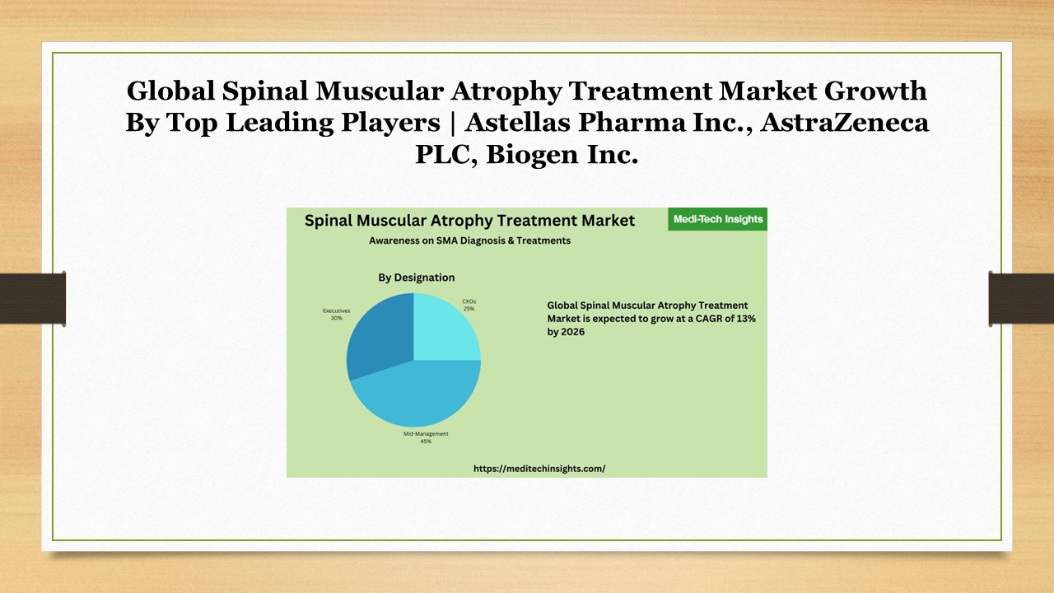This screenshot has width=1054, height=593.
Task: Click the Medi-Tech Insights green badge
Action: [x=718, y=219]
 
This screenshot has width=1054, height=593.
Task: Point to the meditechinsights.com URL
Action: [x=539, y=468]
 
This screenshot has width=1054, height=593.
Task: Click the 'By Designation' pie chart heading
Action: [x=417, y=278]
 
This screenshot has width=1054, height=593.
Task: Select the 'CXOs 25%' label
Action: [x=469, y=305]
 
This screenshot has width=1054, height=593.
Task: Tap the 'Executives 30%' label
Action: [x=336, y=314]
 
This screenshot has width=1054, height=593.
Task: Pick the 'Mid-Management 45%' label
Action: [x=426, y=437]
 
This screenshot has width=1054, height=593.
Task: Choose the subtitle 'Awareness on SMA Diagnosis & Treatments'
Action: [x=469, y=240]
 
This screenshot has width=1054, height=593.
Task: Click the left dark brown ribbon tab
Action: [x=33, y=298]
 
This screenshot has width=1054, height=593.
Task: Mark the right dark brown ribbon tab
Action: [x=1021, y=298]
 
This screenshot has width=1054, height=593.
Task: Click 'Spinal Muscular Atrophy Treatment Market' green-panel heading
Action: [x=469, y=220]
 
